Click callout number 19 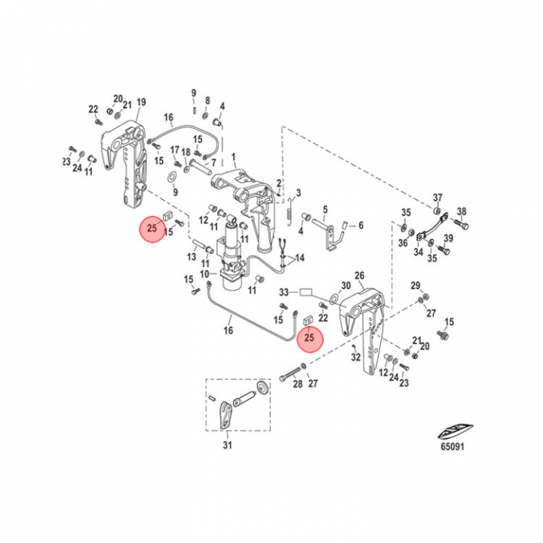pos(140,103)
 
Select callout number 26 pos(359,275)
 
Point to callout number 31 pos(228,445)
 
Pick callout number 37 pos(437,198)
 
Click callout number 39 pos(448,239)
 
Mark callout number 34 pos(418,252)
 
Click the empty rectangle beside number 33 pos(306,291)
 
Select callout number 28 pos(296,385)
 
